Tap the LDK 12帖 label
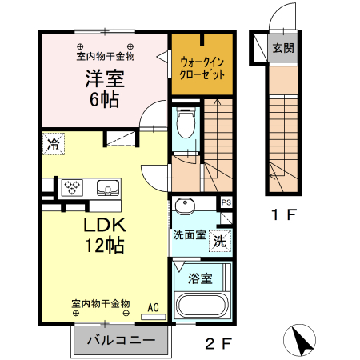[105, 235]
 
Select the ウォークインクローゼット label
[202, 66]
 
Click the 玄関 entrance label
[282, 48]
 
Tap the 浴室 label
[200, 278]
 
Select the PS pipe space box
[226, 202]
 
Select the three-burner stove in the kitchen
[73, 188]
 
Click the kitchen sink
[106, 188]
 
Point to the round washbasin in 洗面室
[186, 205]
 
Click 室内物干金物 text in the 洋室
[105, 56]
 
